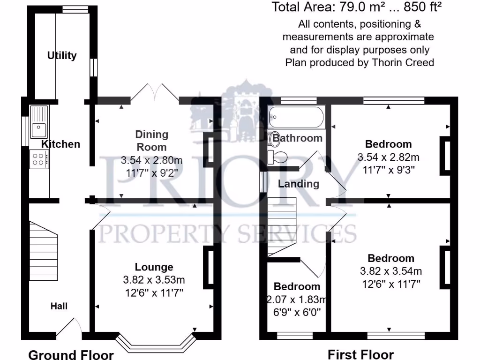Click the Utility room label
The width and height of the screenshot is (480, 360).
click(x=62, y=55)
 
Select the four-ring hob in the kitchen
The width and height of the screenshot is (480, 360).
click(x=39, y=159)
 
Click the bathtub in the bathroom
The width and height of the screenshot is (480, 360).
click(x=296, y=117)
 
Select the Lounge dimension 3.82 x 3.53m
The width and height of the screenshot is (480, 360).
click(x=154, y=280)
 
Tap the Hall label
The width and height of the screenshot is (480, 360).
click(x=59, y=306)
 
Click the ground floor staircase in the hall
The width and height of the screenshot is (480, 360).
click(x=43, y=251)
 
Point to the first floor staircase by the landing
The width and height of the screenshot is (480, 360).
click(x=282, y=226)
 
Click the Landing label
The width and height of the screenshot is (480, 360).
click(x=298, y=184)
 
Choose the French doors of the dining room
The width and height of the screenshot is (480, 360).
click(x=155, y=93)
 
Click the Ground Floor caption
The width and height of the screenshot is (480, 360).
click(x=71, y=354)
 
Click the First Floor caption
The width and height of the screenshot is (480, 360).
click(x=360, y=354)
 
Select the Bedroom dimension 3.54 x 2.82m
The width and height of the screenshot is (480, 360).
click(x=389, y=157)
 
